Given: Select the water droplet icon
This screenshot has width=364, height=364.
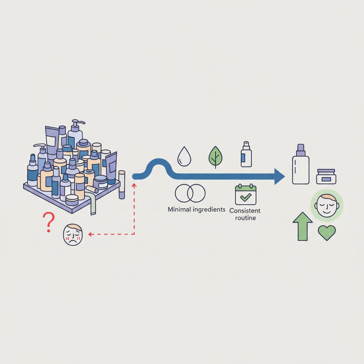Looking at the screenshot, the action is pos(184,156).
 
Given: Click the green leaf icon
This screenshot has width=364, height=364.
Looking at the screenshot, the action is pos(215,156).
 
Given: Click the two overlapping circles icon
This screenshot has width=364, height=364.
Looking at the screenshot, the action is pos(190,193).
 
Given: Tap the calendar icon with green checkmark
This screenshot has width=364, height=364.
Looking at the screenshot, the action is pos(246,194).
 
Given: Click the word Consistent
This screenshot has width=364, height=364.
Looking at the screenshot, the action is pos(245,211).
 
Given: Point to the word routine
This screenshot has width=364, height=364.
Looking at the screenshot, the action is pos(245,218).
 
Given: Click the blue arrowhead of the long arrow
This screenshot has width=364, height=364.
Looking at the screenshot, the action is pos(280,177).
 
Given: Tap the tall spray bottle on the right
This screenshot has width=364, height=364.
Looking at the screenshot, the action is pos(301,164).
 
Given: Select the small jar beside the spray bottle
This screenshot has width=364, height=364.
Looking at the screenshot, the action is pos(326,177).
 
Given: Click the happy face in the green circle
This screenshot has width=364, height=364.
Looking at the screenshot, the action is pos(327,206).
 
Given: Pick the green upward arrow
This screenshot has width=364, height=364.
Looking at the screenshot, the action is pos(303,226).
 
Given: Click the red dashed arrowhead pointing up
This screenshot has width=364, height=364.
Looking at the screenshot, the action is pos(134,185).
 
